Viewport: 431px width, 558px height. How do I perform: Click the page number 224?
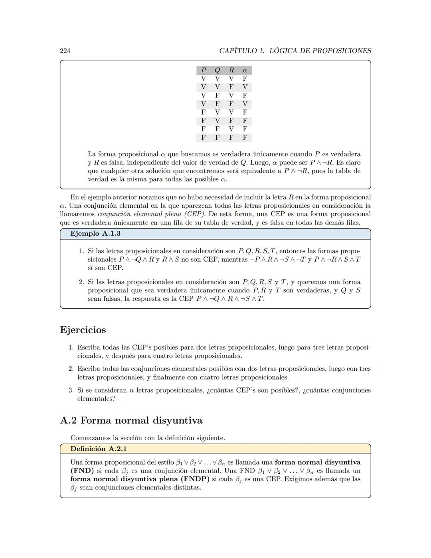tap(65, 51)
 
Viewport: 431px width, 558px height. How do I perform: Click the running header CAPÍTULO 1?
tap(242, 51)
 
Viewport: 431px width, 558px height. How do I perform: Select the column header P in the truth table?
tap(204, 70)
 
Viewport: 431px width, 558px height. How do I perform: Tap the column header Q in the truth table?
tap(217, 70)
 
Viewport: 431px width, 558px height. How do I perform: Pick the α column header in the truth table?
tap(245, 70)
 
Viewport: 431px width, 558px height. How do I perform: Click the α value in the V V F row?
tap(245, 87)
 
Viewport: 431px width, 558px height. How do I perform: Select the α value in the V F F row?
tap(245, 104)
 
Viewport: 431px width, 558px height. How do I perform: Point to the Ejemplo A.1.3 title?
tap(95, 234)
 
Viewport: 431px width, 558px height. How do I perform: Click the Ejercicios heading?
tap(83, 330)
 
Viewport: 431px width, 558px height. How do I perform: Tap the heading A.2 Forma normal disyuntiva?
tap(131, 421)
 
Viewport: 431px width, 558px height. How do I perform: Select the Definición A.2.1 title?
tap(98, 449)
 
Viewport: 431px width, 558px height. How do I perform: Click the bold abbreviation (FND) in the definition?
tap(82, 471)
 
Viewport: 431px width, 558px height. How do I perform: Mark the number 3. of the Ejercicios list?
tap(71, 391)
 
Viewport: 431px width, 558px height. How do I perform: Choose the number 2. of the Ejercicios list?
tap(71, 369)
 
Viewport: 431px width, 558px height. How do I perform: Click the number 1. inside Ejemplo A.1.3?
tap(81, 251)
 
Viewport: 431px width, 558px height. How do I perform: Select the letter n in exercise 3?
tap(131, 391)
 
